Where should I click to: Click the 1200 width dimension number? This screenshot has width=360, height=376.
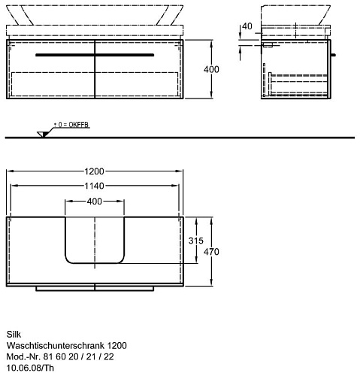coord(94,171)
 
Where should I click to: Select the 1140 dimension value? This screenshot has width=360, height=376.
coord(94,186)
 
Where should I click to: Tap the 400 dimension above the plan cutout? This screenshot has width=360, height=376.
coord(95,202)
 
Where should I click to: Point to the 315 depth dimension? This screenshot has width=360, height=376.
coord(196,241)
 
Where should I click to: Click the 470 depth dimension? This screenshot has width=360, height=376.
coord(211,252)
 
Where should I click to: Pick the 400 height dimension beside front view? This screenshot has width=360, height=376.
coord(211,69)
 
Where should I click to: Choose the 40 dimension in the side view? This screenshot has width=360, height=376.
coord(247,26)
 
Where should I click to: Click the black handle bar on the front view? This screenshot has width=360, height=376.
coord(95,55)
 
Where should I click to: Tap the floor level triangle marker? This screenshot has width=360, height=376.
coord(42,135)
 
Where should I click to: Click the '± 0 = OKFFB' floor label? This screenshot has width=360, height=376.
coord(71,125)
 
